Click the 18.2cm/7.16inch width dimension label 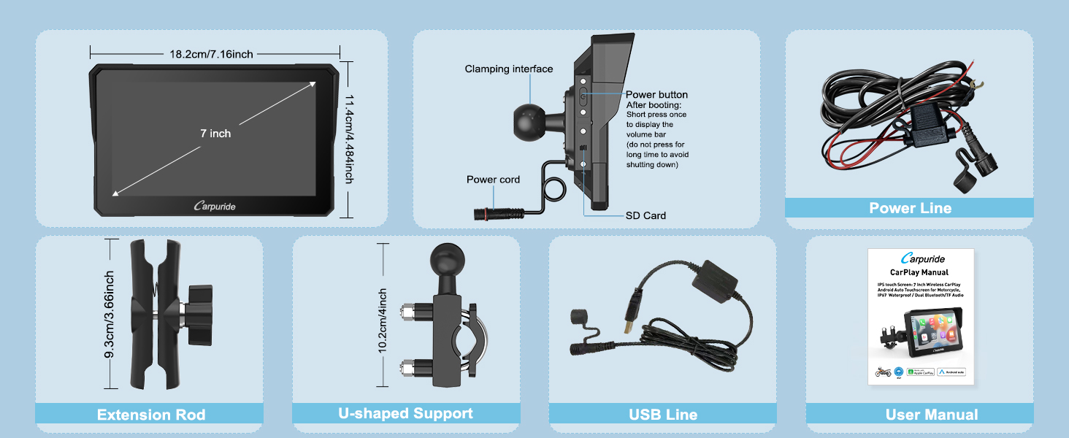[212, 54]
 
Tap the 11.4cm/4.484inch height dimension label [350, 139]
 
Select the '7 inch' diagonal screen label [215, 134]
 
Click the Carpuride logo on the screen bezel [215, 207]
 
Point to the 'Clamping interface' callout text [509, 69]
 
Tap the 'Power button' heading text [656, 95]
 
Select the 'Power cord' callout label [493, 180]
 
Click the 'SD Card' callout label [645, 215]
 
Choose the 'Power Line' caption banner [910, 208]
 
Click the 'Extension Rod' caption [151, 415]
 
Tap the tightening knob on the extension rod [197, 315]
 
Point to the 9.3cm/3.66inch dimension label [110, 315]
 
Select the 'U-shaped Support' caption [405, 413]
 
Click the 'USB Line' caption [663, 415]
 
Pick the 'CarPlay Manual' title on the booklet [919, 272]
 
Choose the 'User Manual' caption [931, 415]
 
